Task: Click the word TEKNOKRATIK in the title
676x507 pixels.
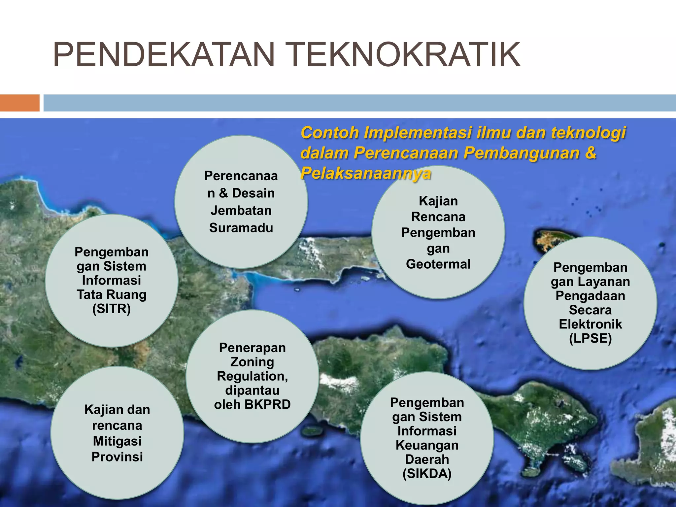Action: click(x=405, y=55)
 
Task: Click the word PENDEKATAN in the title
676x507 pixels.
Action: click(x=164, y=55)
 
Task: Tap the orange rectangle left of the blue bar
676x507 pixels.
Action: click(x=19, y=103)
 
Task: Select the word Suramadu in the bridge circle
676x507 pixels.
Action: click(x=241, y=228)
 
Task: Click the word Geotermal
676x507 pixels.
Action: click(x=438, y=264)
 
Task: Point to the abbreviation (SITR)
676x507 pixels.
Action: click(x=112, y=309)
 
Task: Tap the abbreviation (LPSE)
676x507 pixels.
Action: click(x=590, y=339)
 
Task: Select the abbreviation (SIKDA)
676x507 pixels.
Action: click(x=427, y=474)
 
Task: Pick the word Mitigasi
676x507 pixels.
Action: click(x=117, y=441)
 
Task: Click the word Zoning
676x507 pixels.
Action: click(x=252, y=362)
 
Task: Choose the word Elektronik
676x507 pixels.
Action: click(x=590, y=324)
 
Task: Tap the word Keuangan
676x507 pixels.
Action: click(x=427, y=445)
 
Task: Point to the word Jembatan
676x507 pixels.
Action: click(x=241, y=211)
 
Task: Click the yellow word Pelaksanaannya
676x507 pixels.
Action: click(x=365, y=173)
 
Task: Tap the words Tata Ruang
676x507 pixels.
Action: click(x=112, y=295)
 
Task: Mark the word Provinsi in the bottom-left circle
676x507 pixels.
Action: click(x=117, y=457)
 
